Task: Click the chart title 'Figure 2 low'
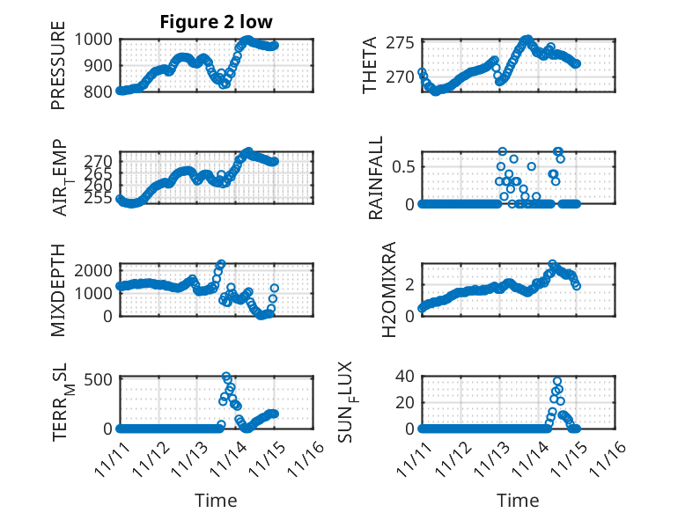tap(216, 21)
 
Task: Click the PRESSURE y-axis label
tap(58, 71)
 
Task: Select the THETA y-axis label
tap(370, 65)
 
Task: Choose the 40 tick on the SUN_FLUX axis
tap(406, 377)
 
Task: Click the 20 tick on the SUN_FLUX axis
tap(406, 402)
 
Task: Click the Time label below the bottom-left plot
tap(216, 500)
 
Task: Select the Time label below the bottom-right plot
tap(518, 500)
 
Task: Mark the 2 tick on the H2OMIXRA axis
tap(410, 283)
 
